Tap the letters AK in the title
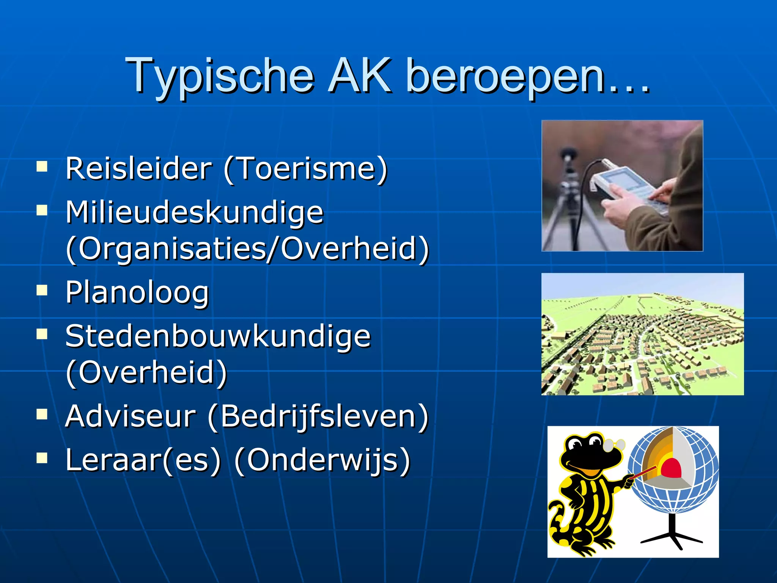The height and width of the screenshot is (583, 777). tap(360, 76)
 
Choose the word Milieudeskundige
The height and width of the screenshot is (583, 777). tap(194, 212)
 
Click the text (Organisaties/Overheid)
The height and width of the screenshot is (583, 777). tap(247, 249)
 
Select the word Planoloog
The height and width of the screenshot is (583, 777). tap(137, 293)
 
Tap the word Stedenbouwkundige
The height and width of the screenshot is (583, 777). tap(218, 336)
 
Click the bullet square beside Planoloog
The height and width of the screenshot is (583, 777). tap(42, 291)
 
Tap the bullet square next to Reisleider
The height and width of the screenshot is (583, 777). tap(42, 167)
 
